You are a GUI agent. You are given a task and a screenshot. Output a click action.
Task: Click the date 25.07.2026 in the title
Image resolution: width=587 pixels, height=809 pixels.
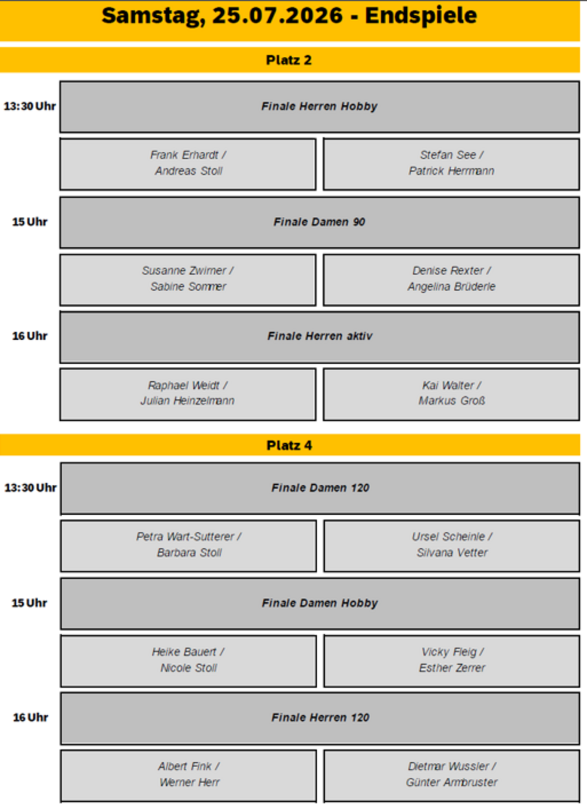[x=277, y=16]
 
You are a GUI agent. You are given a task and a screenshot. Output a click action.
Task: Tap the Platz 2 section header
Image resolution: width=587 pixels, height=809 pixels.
[x=289, y=60]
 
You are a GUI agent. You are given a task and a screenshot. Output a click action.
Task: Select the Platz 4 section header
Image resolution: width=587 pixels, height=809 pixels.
[x=289, y=445]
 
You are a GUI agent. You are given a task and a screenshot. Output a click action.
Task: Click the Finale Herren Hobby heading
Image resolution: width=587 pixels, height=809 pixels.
[x=319, y=106]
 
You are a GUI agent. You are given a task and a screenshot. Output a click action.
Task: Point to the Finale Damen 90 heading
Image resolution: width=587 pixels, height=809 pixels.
[x=319, y=222]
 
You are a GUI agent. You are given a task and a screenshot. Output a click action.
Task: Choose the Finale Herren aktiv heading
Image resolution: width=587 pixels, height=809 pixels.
[x=320, y=336]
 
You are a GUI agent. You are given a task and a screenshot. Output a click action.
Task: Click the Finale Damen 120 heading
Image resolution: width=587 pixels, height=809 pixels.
[x=320, y=487]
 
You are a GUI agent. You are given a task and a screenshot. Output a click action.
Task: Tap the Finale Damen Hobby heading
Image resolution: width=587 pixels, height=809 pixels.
[x=320, y=603]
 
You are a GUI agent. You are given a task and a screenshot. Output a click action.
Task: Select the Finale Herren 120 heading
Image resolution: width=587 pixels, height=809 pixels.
[x=320, y=717]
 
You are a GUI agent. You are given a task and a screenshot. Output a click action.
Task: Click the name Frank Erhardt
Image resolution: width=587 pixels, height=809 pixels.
[x=184, y=155]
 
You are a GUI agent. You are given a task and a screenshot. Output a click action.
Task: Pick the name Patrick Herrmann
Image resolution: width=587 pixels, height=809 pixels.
[x=452, y=171]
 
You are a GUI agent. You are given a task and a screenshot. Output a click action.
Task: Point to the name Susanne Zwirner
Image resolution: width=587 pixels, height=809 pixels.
[x=184, y=271]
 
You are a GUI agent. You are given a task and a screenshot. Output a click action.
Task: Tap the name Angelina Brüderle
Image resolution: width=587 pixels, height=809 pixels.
[x=452, y=287]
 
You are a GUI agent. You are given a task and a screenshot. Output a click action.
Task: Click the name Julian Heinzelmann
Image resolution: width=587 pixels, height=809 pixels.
[x=188, y=401]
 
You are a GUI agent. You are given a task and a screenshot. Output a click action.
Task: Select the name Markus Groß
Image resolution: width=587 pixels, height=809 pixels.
[x=452, y=401]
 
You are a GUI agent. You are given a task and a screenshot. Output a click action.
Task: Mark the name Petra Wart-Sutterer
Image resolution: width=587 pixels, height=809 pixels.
[x=185, y=537]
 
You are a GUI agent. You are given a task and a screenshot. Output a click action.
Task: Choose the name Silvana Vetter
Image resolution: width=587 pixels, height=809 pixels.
[x=452, y=553]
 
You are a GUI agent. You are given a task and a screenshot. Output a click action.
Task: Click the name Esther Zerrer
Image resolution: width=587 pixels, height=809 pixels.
[x=452, y=668]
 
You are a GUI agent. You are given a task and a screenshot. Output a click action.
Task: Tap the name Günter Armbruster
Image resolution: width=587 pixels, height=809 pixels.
[x=452, y=782]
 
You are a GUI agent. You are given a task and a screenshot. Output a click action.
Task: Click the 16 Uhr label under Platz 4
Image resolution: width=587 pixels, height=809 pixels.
[x=30, y=717]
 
